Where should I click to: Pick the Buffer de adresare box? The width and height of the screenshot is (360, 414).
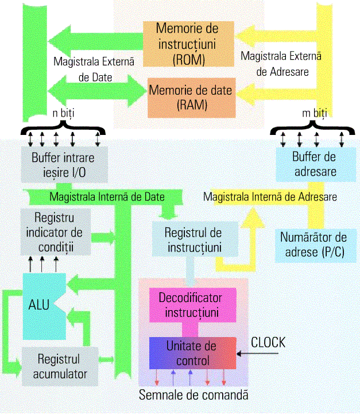pyautogui.click(x=314, y=164)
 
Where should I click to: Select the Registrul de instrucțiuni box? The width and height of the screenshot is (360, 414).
pyautogui.click(x=193, y=239)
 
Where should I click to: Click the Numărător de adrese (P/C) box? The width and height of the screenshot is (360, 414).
pyautogui.click(x=313, y=244)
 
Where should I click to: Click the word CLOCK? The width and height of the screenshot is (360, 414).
pyautogui.click(x=268, y=343)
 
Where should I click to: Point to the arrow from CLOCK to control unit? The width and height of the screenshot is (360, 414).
pyautogui.click(x=253, y=354)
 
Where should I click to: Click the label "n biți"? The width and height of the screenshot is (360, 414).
pyautogui.click(x=64, y=113)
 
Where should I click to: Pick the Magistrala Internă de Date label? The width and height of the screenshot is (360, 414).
pyautogui.click(x=107, y=197)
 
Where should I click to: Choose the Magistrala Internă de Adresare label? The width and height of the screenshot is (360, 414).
pyautogui.click(x=270, y=196)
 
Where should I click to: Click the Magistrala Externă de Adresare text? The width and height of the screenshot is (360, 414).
pyautogui.click(x=281, y=64)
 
